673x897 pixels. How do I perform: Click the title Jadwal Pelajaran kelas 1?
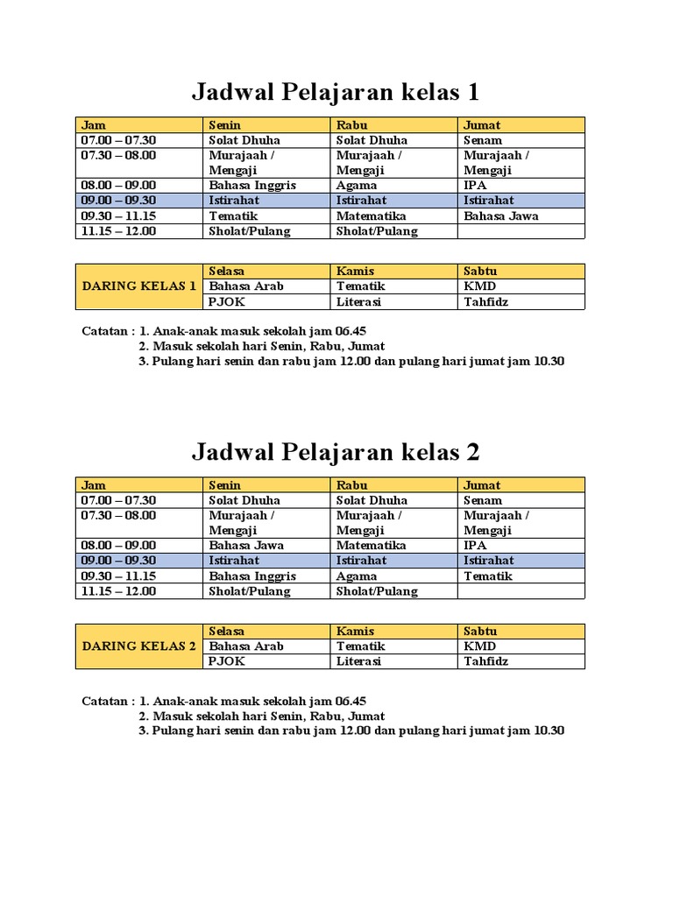(336, 92)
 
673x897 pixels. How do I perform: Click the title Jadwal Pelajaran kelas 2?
(336, 452)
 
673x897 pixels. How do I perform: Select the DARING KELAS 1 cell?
(138, 286)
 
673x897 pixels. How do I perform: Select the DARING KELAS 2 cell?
(138, 646)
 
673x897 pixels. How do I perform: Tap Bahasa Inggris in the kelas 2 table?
(252, 576)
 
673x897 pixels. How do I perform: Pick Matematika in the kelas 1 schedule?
(371, 216)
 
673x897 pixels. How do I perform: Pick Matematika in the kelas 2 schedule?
(371, 546)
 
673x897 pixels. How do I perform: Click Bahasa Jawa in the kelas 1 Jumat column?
(500, 216)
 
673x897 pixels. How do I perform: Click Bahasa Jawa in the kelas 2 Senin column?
(246, 546)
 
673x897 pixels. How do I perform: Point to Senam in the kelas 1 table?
(483, 140)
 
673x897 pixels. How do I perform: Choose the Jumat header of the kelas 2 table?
(482, 485)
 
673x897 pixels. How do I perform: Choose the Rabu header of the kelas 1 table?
(351, 125)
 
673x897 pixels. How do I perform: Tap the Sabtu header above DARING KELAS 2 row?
(480, 631)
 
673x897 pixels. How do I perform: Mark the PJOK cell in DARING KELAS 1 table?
(223, 302)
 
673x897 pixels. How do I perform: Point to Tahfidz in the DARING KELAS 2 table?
(485, 662)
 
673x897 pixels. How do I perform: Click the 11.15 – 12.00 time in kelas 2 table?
(118, 591)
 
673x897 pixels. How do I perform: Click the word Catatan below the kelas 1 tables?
(107, 333)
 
